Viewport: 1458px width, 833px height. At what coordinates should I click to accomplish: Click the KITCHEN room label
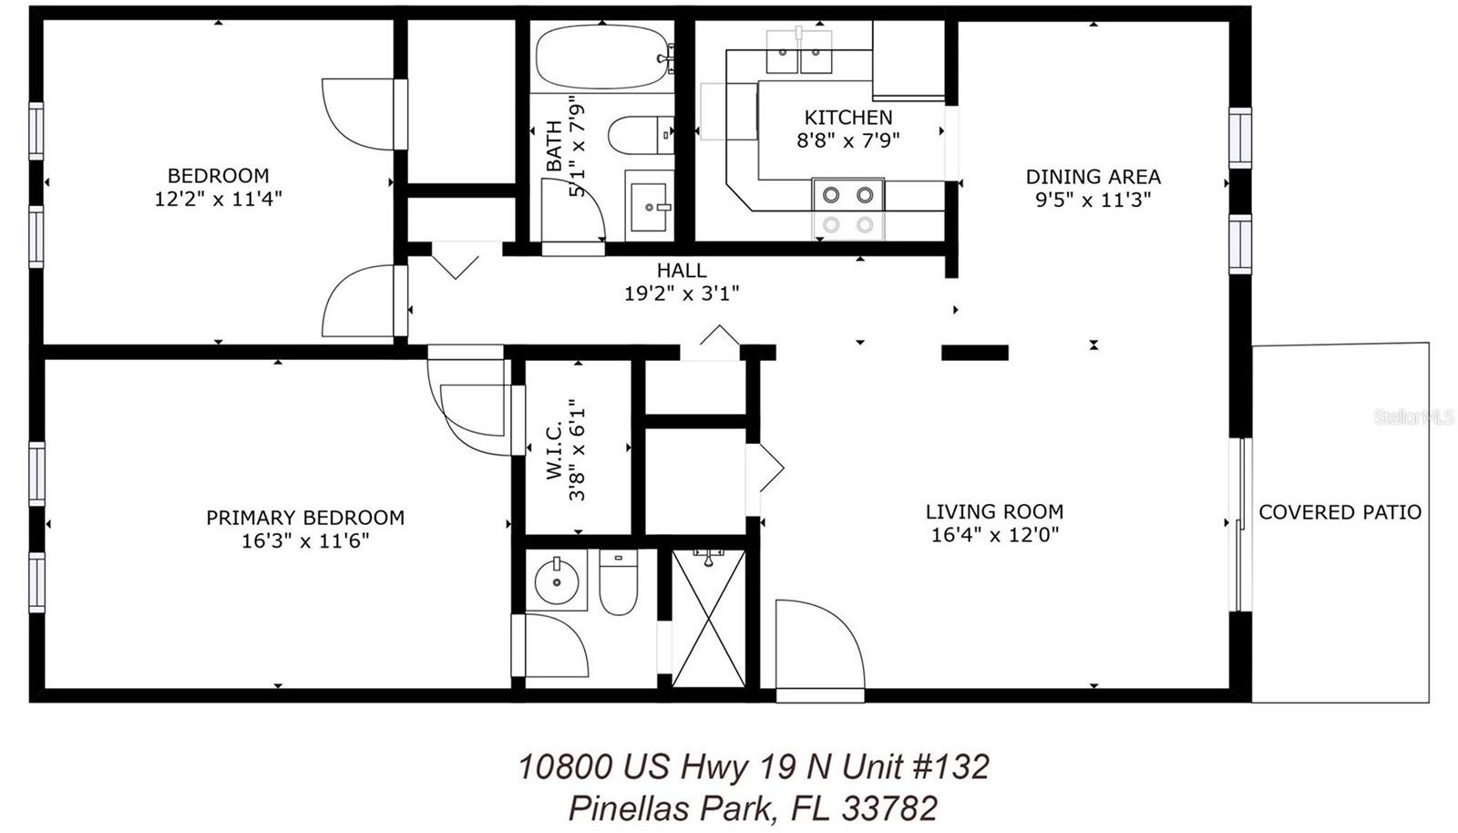(x=848, y=118)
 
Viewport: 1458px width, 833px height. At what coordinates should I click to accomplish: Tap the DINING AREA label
(x=1093, y=177)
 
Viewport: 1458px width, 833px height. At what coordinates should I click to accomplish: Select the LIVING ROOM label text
(x=994, y=511)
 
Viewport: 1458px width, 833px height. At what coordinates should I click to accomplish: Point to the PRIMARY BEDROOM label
(x=305, y=518)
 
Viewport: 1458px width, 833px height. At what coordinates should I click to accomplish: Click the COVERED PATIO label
(x=1340, y=513)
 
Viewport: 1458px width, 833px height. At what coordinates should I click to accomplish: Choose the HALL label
(x=682, y=270)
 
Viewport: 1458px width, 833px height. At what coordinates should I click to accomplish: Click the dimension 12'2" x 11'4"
(x=218, y=199)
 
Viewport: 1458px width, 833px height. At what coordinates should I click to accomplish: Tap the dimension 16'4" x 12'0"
(x=994, y=535)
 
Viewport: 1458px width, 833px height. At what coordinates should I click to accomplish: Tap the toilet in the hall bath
(x=642, y=136)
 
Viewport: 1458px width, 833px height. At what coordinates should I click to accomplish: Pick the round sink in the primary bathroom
(x=557, y=580)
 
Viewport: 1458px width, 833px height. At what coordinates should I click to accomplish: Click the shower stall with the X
(x=708, y=618)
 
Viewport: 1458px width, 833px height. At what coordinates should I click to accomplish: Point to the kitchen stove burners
(x=847, y=209)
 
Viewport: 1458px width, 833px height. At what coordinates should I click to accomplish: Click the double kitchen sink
(x=799, y=52)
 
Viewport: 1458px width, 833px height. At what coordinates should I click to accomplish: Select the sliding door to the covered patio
(x=1241, y=525)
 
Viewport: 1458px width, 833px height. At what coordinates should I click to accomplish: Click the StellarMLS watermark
(x=1413, y=417)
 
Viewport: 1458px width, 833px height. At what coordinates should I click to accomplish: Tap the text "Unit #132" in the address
(x=916, y=766)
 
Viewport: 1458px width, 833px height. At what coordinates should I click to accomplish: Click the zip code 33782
(x=889, y=809)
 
